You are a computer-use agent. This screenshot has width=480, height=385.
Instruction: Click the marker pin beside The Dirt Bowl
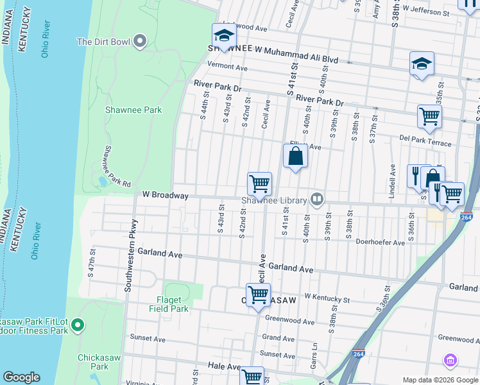click(139, 42)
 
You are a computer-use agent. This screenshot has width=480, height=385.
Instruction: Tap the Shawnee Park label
click(133, 110)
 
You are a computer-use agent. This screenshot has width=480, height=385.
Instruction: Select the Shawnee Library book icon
click(316, 200)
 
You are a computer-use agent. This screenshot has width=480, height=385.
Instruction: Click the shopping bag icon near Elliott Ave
click(295, 156)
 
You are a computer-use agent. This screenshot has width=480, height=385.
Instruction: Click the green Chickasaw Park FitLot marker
click(78, 326)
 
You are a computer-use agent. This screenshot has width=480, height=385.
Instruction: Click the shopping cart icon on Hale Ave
click(252, 377)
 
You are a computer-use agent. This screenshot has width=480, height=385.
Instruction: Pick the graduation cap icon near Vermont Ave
click(224, 36)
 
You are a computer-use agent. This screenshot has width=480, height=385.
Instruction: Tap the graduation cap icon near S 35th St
click(422, 64)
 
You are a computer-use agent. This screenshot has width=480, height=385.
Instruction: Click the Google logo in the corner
click(21, 377)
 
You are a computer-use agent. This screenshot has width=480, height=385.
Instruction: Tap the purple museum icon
click(450, 361)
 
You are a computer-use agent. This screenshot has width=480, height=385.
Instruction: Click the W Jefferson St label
click(426, 12)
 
